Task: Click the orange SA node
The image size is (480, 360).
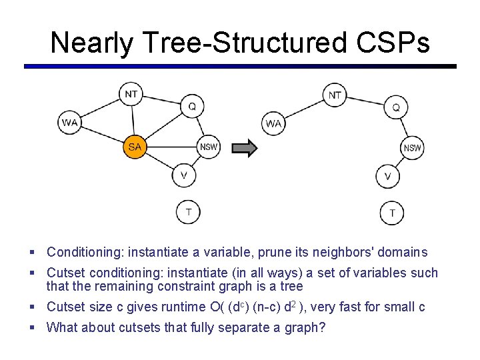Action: [135, 147]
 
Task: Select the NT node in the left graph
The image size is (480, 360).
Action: [131, 95]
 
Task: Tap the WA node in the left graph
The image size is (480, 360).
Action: [70, 123]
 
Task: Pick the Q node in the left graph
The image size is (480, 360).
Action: [192, 105]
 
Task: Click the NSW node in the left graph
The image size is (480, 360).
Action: [209, 147]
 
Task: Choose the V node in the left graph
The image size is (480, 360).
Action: [184, 175]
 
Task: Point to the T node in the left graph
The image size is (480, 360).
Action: [188, 212]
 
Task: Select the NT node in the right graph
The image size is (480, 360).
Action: [335, 95]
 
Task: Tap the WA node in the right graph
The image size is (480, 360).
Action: [273, 123]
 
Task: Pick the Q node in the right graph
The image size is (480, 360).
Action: [396, 106]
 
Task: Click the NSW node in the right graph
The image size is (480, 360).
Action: [413, 148]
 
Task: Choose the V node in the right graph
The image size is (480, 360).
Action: [388, 177]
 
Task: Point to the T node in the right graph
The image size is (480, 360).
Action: [392, 213]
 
